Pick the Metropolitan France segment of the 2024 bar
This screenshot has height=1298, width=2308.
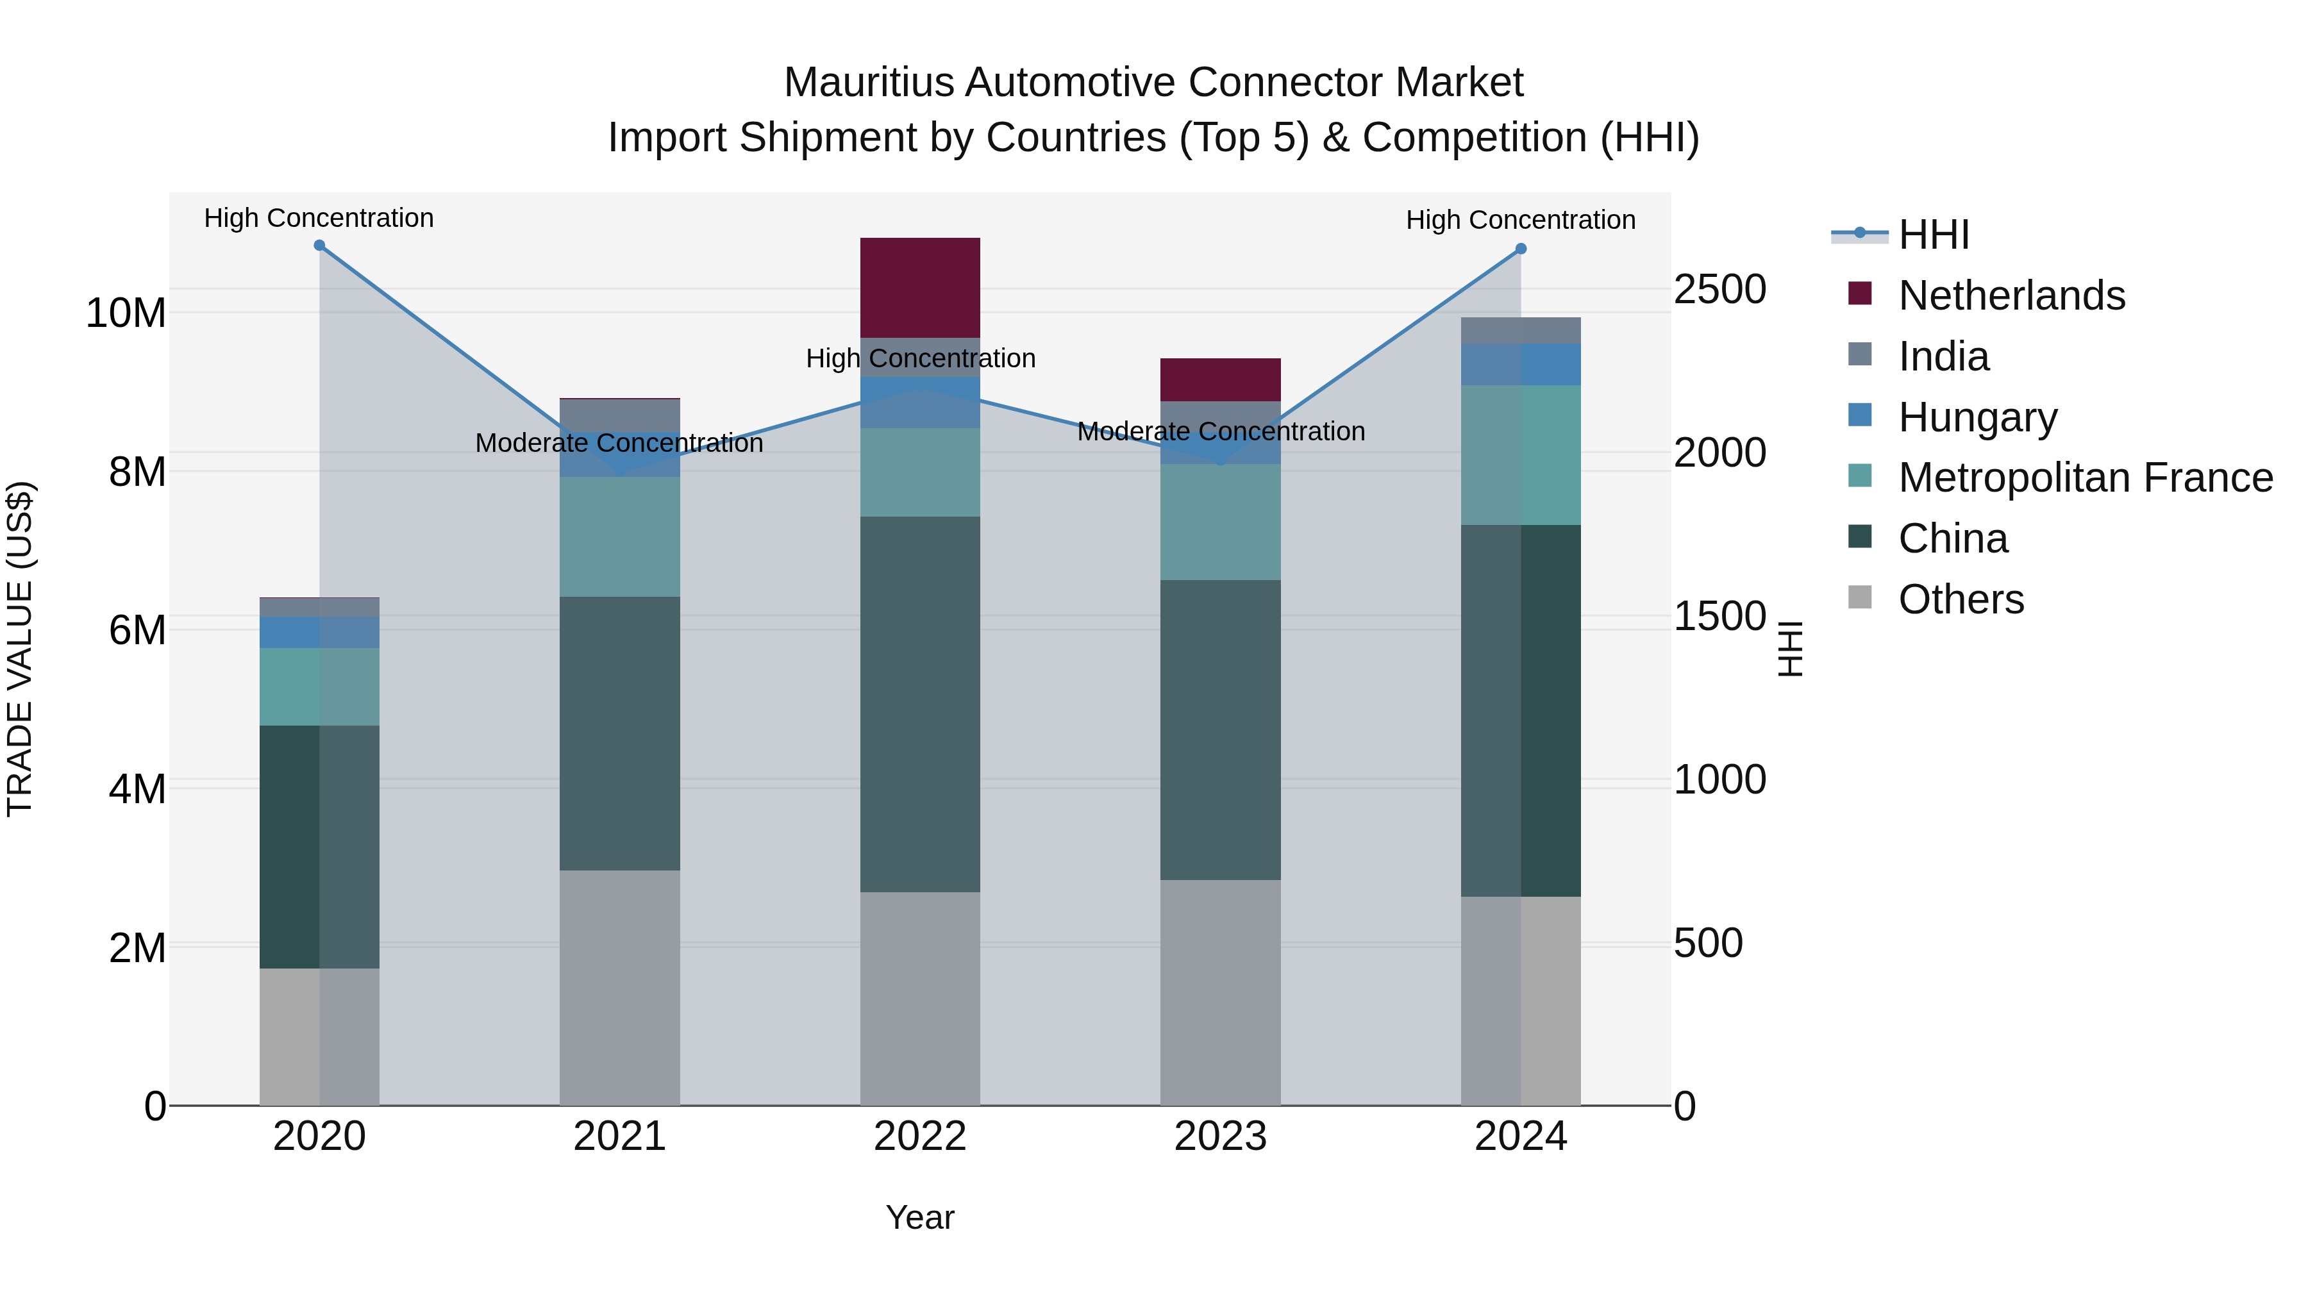(x=1521, y=454)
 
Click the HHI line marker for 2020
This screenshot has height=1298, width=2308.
(x=319, y=245)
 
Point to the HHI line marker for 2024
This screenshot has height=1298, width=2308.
(x=1521, y=249)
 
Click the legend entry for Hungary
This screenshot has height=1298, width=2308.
(x=1977, y=417)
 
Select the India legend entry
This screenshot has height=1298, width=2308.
(x=1943, y=356)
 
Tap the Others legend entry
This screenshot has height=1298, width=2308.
(x=1961, y=599)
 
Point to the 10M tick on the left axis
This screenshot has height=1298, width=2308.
(x=126, y=313)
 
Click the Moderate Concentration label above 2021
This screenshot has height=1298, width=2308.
(x=619, y=444)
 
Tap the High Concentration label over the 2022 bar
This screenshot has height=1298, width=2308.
(x=920, y=359)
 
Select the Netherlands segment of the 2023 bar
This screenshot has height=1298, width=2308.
(x=1219, y=380)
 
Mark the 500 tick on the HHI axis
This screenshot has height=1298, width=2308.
(x=1708, y=944)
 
